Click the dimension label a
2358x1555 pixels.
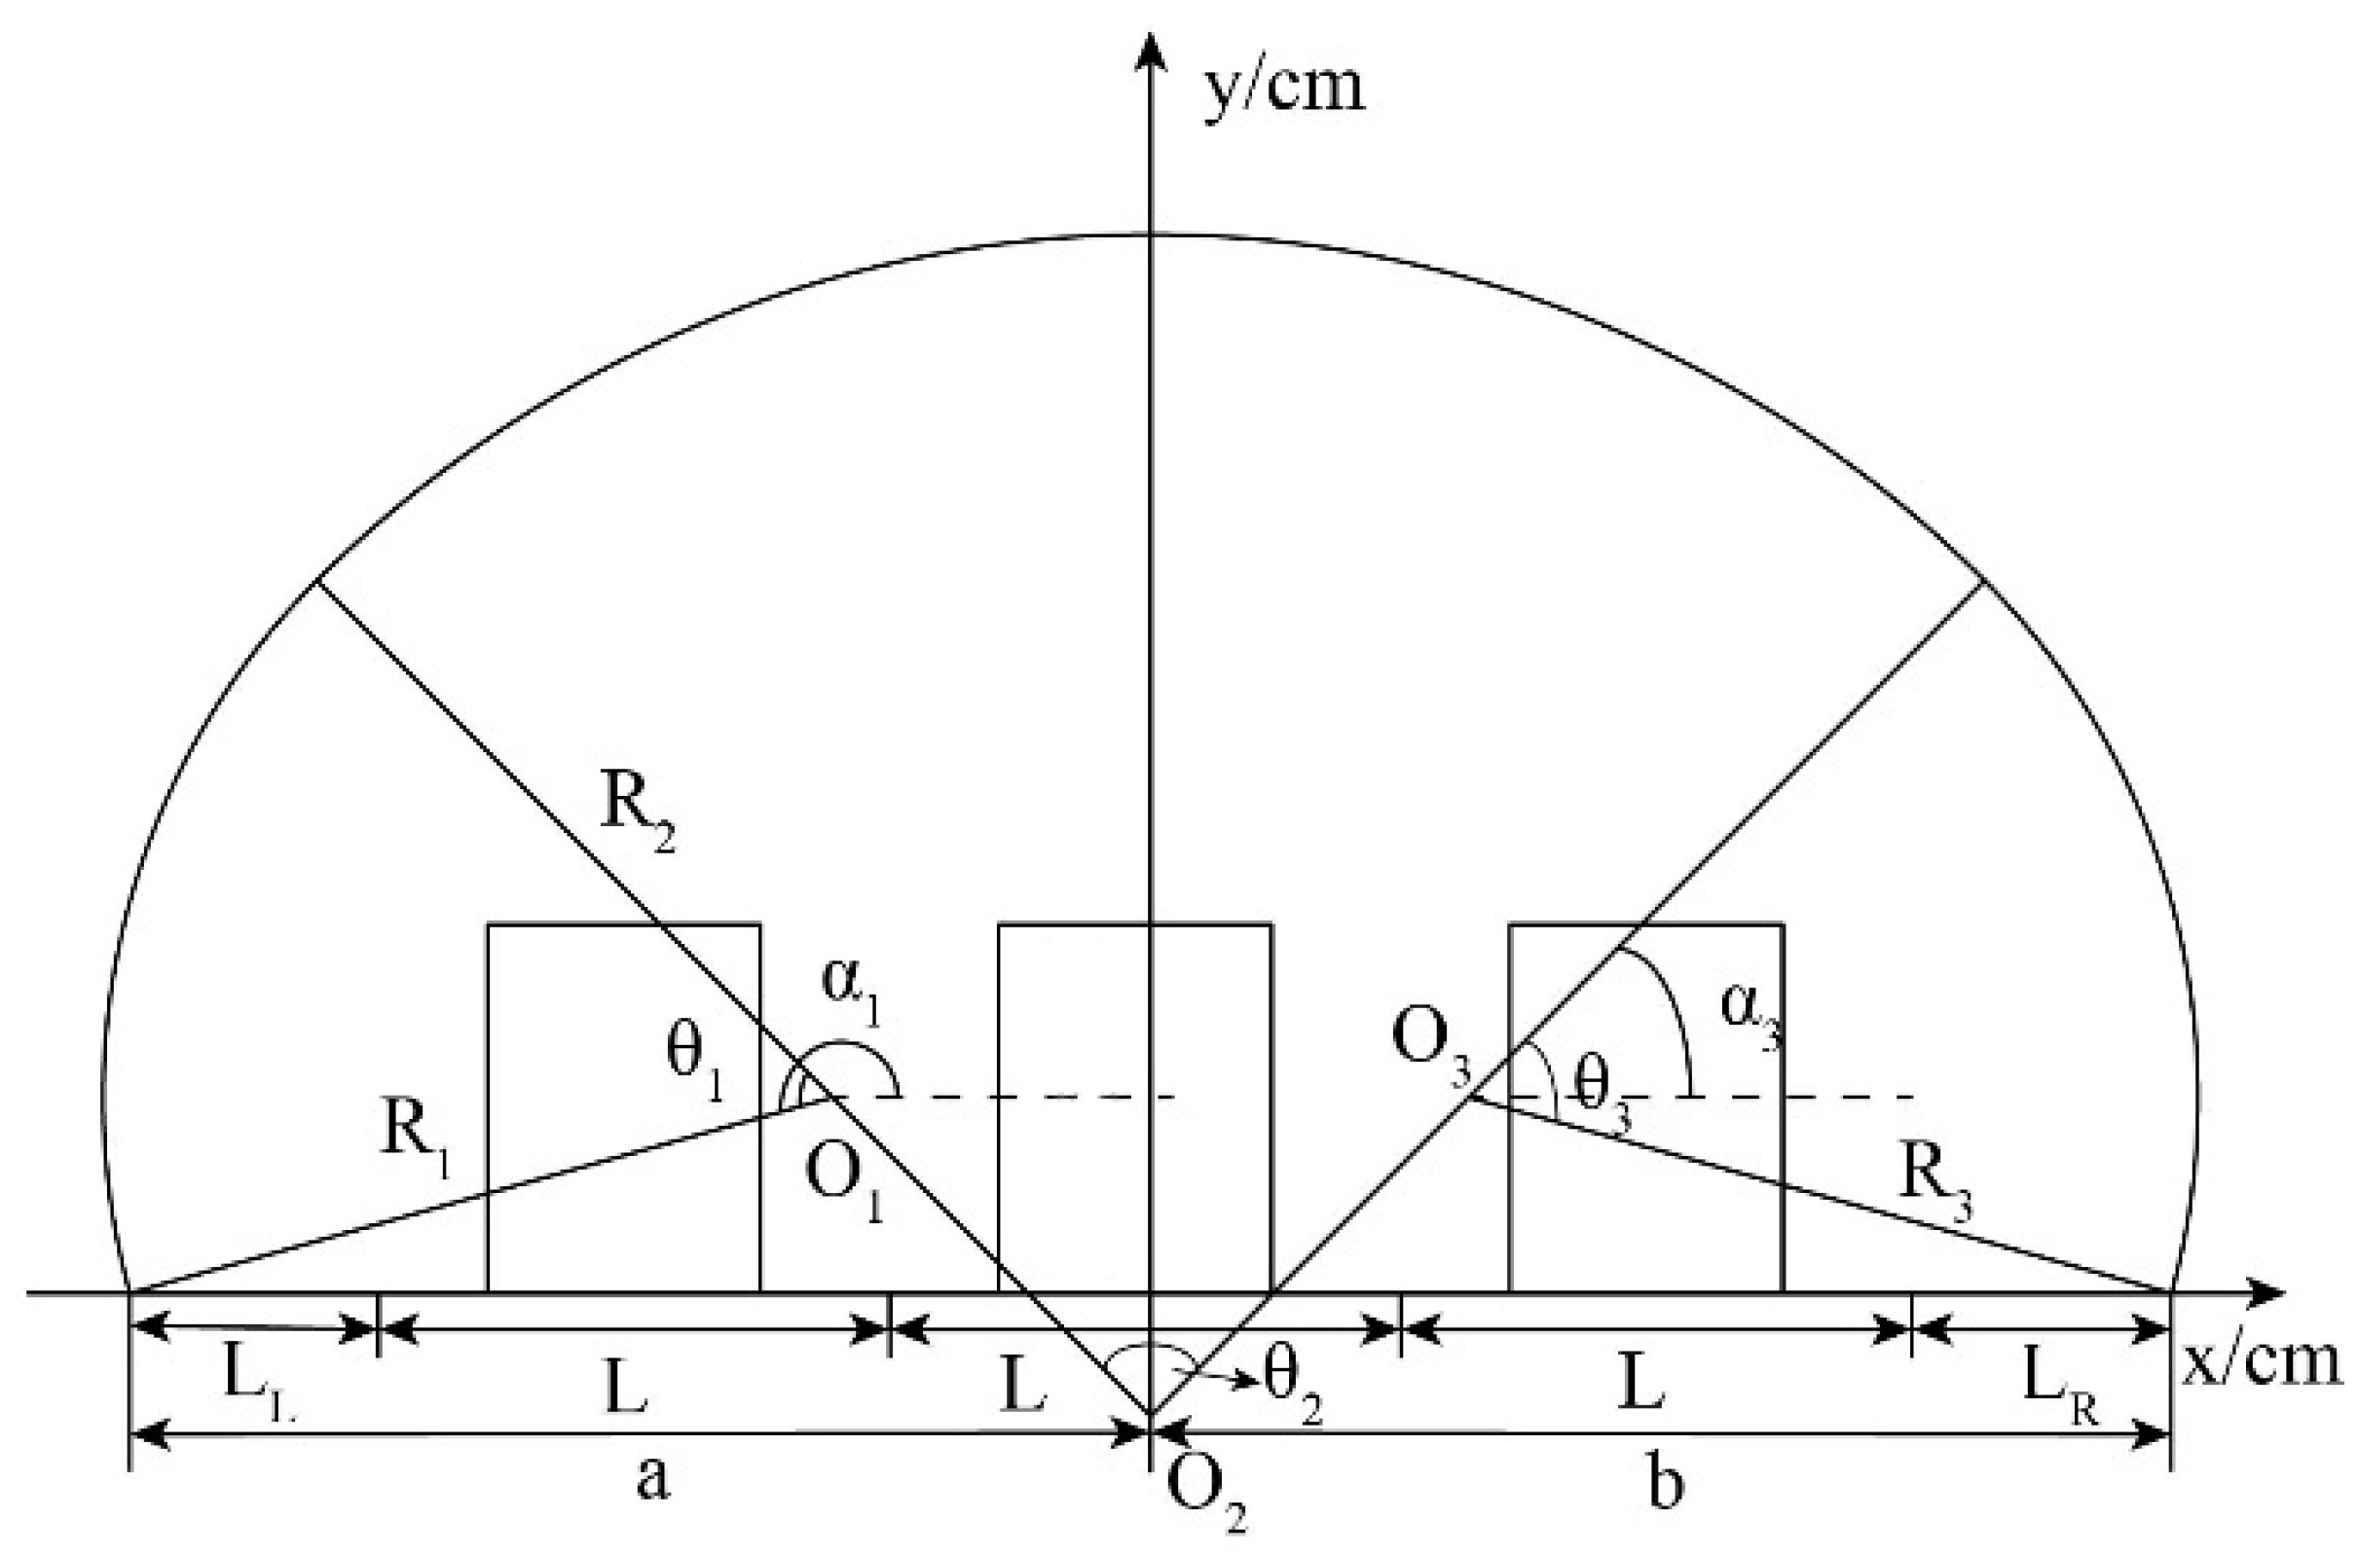651,1483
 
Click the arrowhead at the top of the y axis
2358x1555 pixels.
1150,50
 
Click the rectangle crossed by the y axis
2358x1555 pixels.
1134,1107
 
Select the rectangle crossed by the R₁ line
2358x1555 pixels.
624,1107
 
